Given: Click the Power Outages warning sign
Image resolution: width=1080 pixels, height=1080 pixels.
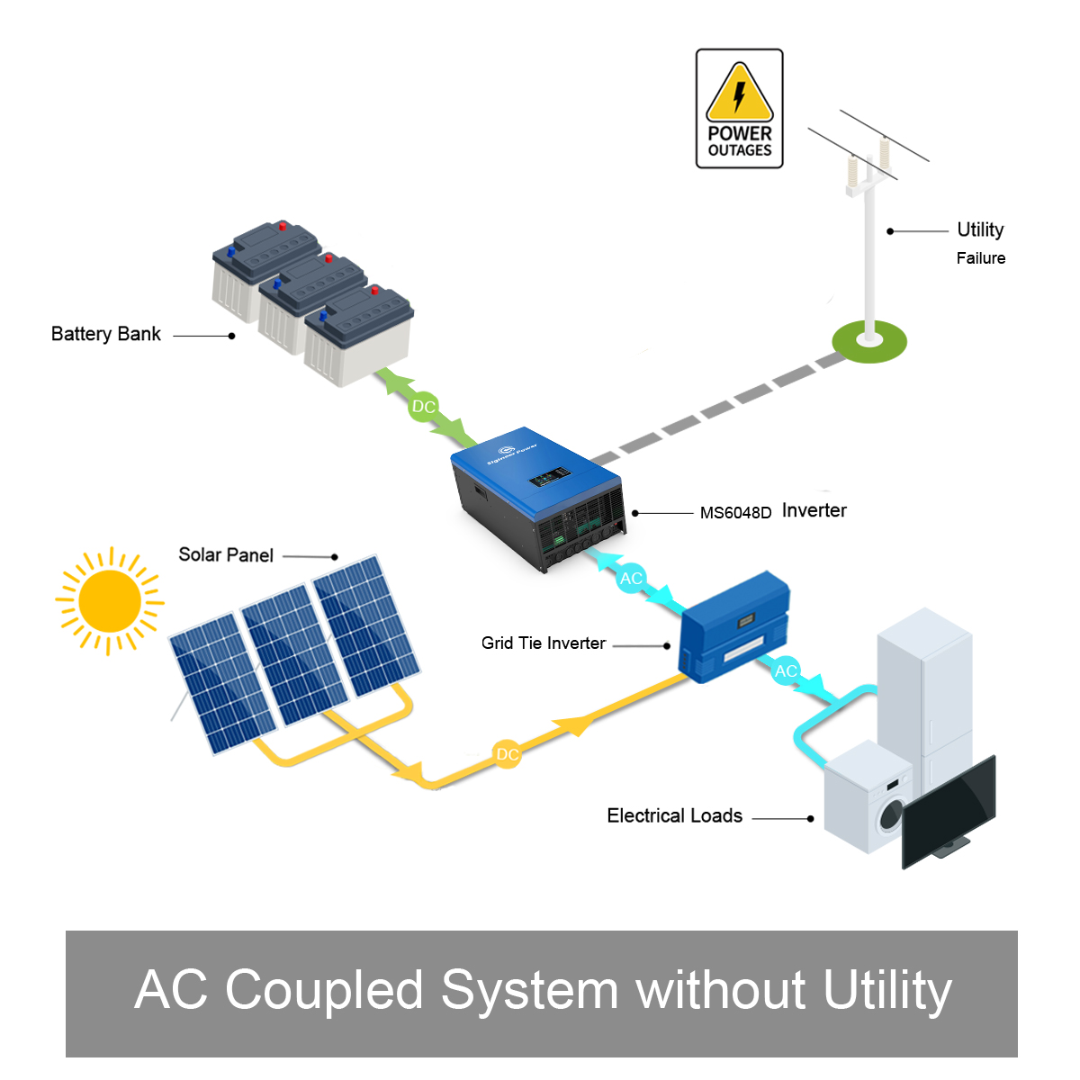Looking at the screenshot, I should (x=739, y=109).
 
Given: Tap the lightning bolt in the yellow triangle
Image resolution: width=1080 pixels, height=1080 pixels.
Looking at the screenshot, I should (x=740, y=95).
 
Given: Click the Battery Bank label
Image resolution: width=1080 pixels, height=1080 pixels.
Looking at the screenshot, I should (x=106, y=334).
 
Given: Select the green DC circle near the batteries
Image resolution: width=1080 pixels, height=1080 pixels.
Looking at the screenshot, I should (x=423, y=407).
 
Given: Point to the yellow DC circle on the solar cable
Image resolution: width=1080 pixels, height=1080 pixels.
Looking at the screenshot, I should (x=508, y=754).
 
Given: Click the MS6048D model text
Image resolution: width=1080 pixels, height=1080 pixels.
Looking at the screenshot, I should (x=735, y=513).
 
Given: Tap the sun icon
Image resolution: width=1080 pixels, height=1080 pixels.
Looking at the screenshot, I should (x=110, y=600).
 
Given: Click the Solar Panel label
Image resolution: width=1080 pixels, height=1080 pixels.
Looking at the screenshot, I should (x=226, y=554).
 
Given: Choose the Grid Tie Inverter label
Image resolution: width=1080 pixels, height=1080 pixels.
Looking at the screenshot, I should (x=544, y=643).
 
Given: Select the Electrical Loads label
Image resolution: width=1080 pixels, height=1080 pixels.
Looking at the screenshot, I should (x=675, y=815).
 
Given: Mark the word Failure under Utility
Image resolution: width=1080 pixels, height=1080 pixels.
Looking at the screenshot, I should (x=981, y=258).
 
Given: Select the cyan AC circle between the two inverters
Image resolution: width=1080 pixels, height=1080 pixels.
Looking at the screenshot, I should (x=632, y=578).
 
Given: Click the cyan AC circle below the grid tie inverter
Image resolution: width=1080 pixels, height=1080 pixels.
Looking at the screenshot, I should (x=786, y=670).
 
